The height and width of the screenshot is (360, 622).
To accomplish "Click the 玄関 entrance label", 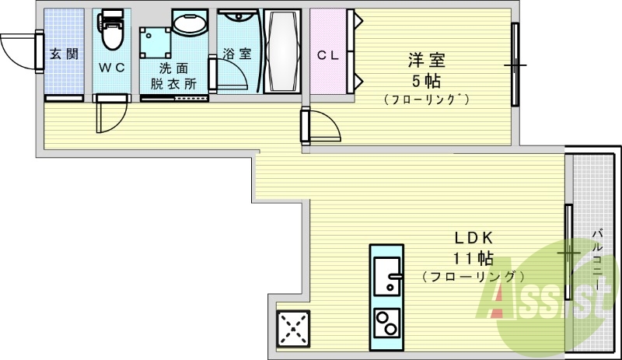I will (63, 54).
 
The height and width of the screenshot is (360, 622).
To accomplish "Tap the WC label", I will (111, 67).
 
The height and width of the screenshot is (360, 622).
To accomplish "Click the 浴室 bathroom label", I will (237, 54).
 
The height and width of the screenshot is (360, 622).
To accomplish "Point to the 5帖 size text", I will (427, 81).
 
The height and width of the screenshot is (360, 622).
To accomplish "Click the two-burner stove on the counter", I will (386, 322).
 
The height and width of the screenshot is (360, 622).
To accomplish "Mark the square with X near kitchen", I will (294, 328).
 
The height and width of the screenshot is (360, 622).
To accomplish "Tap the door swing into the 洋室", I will (323, 125).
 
